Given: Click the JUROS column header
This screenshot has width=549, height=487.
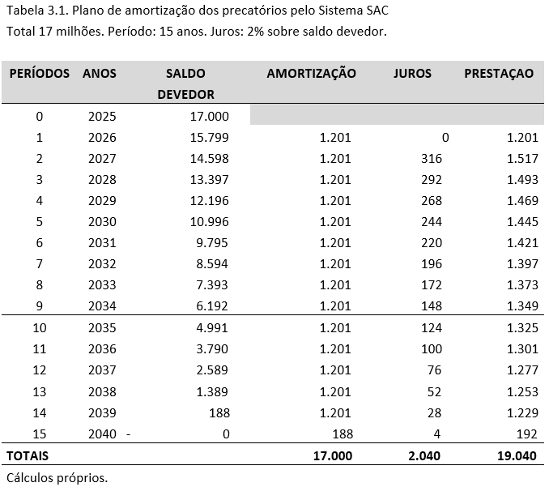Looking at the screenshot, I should [412, 74].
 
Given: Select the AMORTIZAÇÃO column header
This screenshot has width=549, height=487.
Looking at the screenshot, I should [311, 74].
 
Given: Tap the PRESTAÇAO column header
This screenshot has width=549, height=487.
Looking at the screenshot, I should [499, 74].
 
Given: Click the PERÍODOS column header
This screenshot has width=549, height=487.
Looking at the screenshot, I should [39, 74].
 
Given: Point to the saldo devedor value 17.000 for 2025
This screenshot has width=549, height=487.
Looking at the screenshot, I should [210, 117].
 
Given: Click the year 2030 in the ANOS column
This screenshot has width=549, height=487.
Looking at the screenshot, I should [102, 222].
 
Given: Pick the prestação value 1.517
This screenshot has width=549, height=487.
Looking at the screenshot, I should [522, 159].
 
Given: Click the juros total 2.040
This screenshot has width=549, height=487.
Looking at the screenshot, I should [424, 455].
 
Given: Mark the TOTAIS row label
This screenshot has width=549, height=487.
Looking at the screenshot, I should [28, 455].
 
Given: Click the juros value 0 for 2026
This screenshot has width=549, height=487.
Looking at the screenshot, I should [445, 138].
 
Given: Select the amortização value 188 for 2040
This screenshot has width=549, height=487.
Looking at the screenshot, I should [342, 434].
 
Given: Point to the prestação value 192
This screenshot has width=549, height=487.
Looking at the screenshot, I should [527, 434].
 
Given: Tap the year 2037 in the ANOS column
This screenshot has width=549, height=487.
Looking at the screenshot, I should [102, 370].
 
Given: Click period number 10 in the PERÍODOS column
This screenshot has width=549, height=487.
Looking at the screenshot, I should [39, 328].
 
